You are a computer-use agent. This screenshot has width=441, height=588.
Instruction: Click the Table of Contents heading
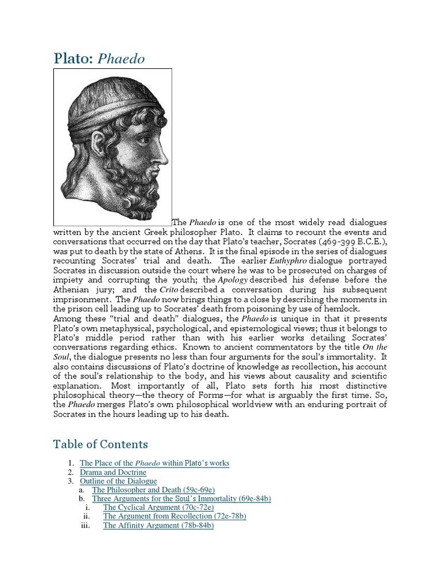(100, 444)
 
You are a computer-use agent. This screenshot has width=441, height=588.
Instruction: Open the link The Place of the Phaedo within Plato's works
(154, 463)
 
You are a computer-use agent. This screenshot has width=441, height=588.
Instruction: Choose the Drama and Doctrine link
(113, 472)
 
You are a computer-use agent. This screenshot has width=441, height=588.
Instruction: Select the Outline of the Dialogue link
(118, 481)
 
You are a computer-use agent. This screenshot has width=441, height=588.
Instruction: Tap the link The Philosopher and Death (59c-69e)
(153, 490)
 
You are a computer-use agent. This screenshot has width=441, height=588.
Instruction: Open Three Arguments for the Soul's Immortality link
(181, 499)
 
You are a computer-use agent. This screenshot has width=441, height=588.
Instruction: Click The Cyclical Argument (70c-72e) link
(158, 508)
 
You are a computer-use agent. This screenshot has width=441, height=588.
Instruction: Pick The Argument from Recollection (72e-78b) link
(175, 516)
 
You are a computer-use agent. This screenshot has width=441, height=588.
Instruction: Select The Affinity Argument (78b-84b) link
(158, 525)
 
